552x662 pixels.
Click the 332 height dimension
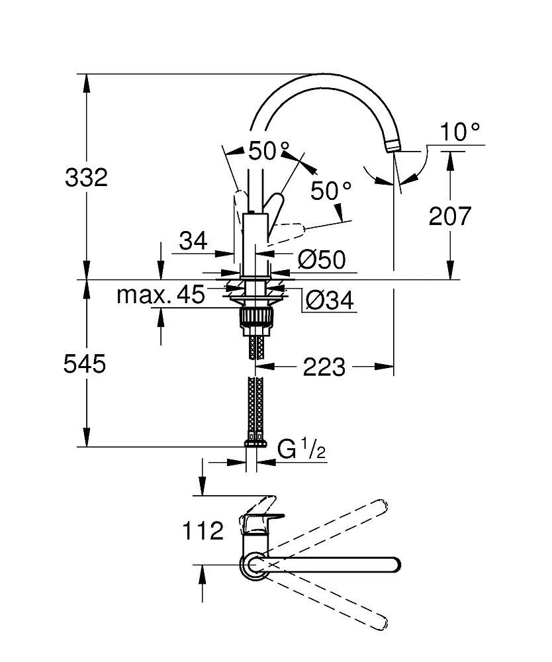tap(87, 177)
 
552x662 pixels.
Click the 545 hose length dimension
tap(85, 364)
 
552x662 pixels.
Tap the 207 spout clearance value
tap(450, 216)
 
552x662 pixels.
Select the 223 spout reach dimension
tap(324, 367)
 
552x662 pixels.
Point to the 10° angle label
tap(460, 132)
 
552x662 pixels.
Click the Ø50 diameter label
tap(322, 260)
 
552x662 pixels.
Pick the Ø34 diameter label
tap(330, 301)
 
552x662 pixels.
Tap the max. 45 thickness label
tap(161, 295)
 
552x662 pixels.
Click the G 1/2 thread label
tap(302, 449)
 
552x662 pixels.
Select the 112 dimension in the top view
tap(203, 531)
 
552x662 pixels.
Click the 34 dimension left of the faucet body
tap(193, 241)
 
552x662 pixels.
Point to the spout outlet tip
tap(393, 147)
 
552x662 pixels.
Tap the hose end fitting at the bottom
tap(255, 443)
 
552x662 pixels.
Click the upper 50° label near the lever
tap(269, 151)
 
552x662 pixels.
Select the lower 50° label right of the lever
tap(331, 191)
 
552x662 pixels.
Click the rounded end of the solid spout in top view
tap(394, 565)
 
